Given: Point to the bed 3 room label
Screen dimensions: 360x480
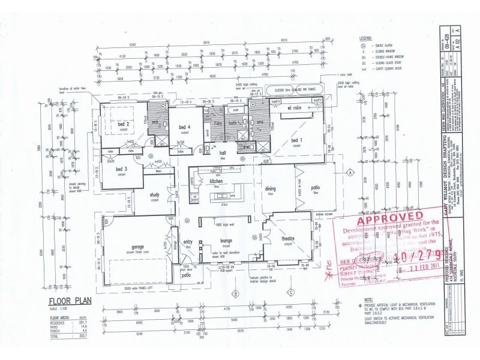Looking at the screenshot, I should tap(121, 170).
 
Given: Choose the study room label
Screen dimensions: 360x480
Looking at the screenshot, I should tap(154, 194).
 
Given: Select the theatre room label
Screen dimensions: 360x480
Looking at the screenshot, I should tap(287, 239).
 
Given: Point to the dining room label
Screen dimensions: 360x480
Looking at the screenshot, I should tap(271, 188).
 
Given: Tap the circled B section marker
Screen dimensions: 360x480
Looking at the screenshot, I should tap(235, 293).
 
